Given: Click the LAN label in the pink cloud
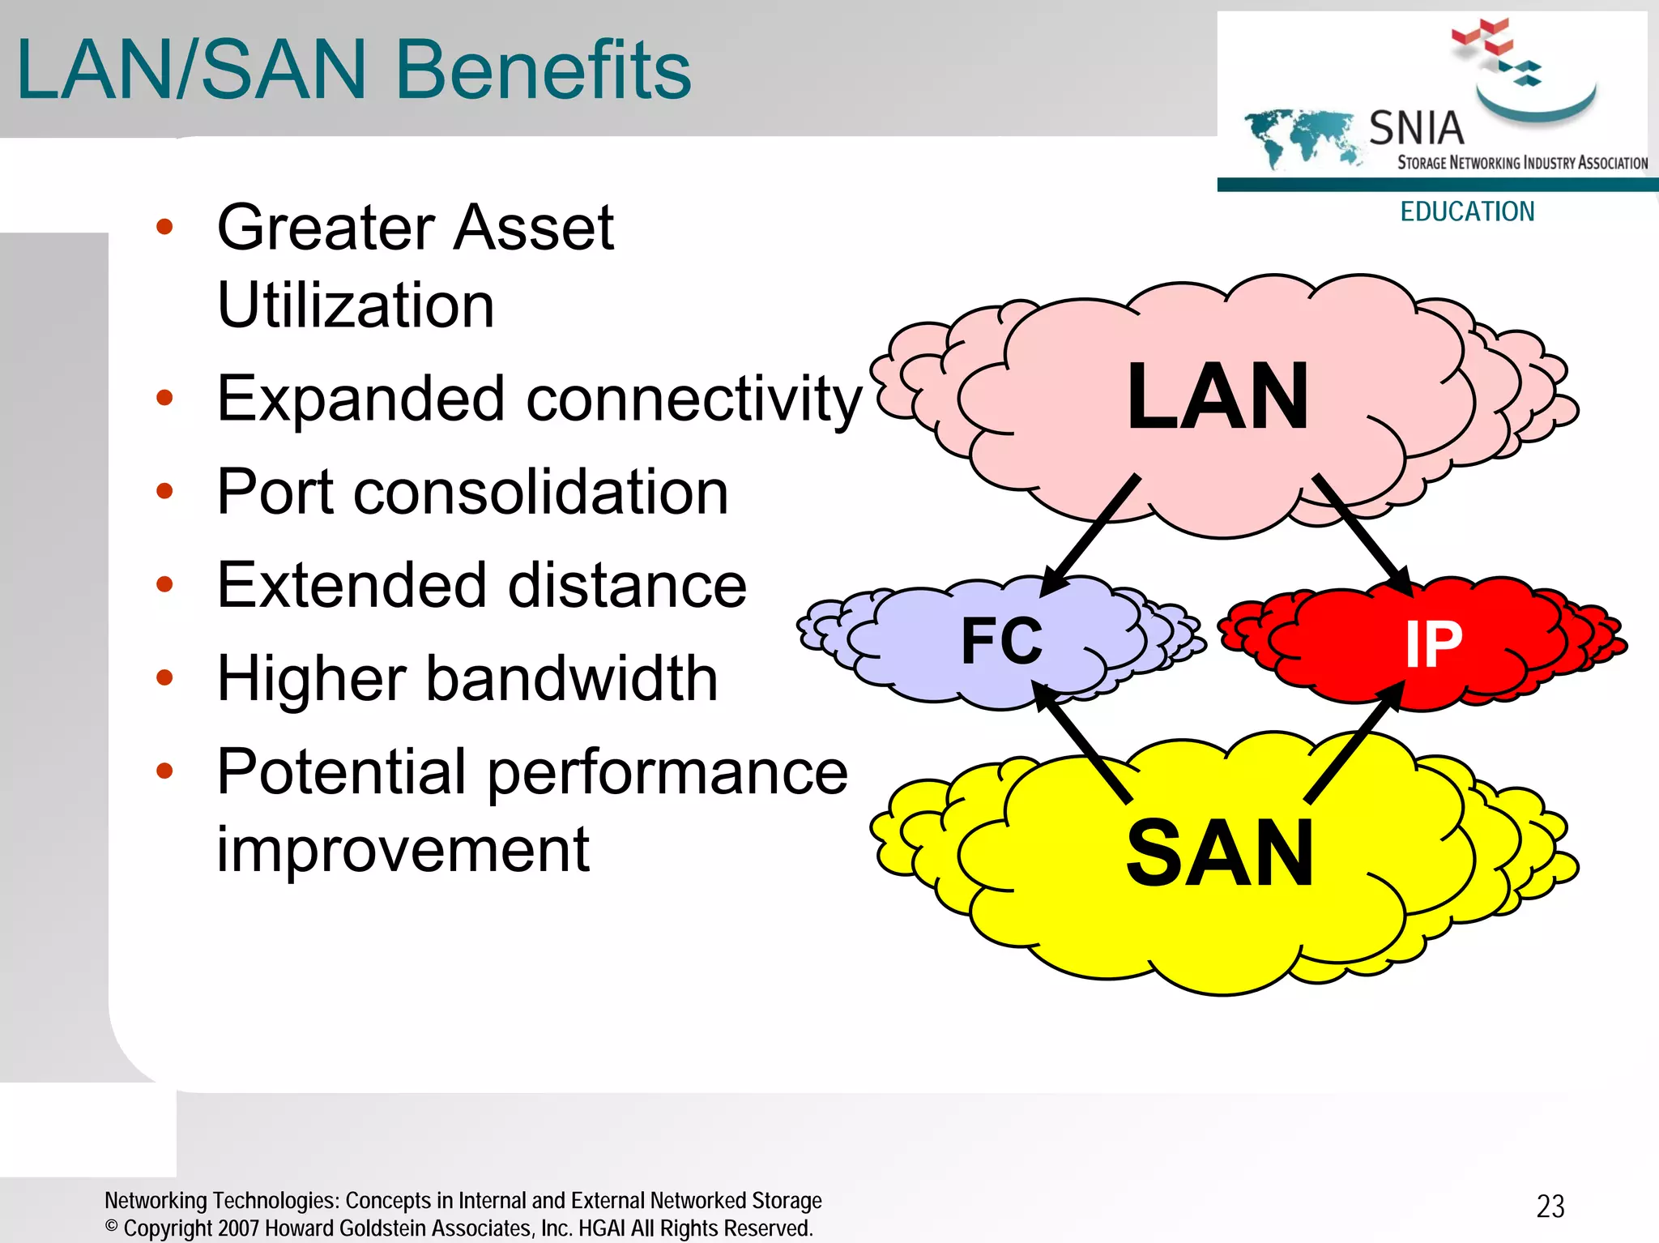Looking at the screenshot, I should [x=1218, y=397].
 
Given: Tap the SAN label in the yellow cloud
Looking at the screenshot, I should [x=1219, y=853].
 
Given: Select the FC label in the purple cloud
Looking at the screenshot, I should [x=1002, y=641].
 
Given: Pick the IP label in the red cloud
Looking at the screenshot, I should [x=1433, y=645].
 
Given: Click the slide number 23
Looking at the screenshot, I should [x=1550, y=1207].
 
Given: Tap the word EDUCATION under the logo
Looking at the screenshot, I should [x=1467, y=212].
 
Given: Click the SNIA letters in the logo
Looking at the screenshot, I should [x=1416, y=129].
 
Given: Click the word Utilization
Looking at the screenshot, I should [x=356, y=305].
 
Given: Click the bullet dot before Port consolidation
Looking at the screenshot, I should [x=164, y=491].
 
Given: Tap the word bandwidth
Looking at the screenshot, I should [x=572, y=678].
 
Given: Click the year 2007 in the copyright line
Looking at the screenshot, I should [x=238, y=1228].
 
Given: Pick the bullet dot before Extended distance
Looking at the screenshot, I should [x=164, y=584].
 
